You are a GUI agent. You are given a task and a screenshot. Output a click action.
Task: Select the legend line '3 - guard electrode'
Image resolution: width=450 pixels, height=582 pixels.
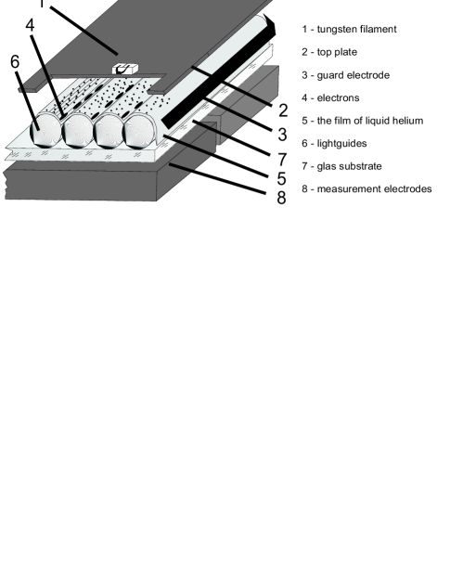pos(344,75)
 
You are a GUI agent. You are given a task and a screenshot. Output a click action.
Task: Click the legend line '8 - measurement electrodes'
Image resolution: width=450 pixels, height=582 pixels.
pos(366,189)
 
